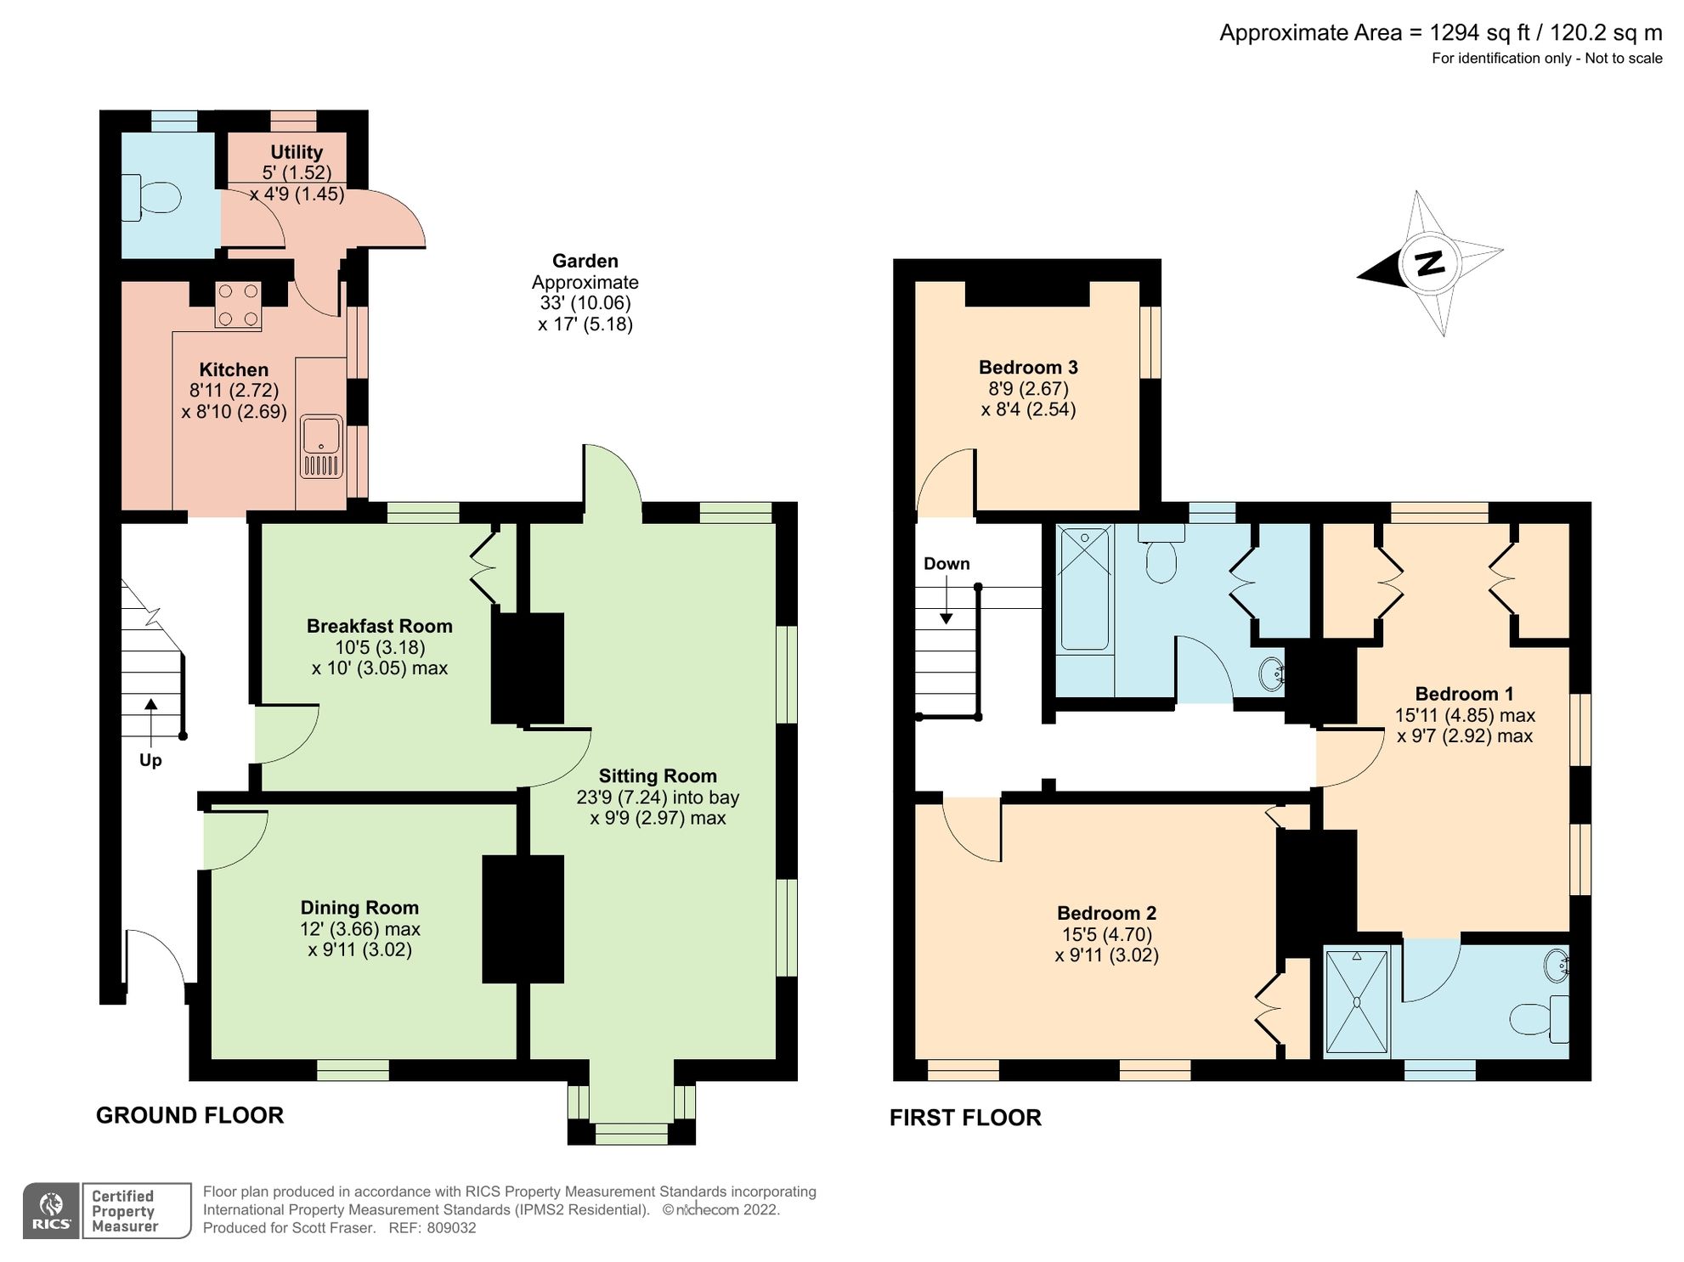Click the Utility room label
(x=296, y=152)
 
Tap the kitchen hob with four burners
(x=238, y=305)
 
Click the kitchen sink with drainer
(x=321, y=447)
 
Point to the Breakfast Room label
(x=379, y=626)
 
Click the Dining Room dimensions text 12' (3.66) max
(x=359, y=929)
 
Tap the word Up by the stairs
(x=150, y=760)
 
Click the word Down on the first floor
(x=946, y=564)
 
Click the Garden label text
(x=585, y=262)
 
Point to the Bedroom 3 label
(x=1028, y=368)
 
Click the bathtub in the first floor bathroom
(x=1084, y=589)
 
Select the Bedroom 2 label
(x=1106, y=914)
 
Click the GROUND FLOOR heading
(x=189, y=1115)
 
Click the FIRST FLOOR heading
(x=965, y=1118)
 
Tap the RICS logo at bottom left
(x=51, y=1210)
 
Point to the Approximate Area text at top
(x=1440, y=33)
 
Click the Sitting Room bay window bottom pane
(x=630, y=1133)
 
